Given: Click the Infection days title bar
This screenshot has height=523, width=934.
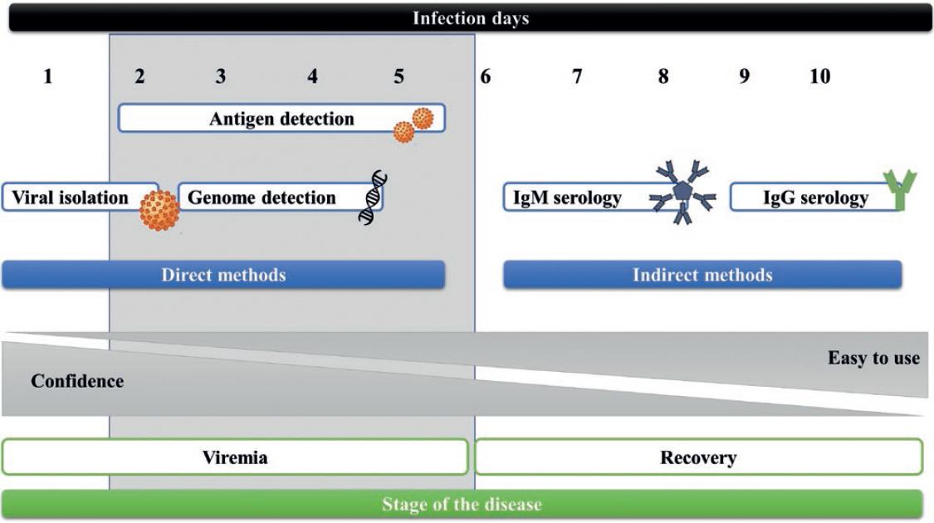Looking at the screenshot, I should pos(470,18).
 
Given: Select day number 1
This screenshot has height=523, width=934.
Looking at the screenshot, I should pos(47,77).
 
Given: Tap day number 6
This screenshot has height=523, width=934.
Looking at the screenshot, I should pos(485,77).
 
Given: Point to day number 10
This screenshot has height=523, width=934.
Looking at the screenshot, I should pos(819,77).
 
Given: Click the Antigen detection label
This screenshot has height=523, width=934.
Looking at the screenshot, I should pos(281,119).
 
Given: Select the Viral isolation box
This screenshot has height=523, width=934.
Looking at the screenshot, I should pos(71,198).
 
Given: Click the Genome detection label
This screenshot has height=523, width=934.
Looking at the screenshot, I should pos(262,198).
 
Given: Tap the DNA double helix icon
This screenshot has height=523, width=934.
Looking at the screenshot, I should pos(373,196).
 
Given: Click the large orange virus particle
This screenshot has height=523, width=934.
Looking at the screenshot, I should pos(159,209).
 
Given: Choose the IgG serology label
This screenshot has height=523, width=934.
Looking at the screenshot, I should pos(815,198).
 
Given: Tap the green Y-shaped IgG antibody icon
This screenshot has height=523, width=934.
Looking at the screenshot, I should pos(898,189).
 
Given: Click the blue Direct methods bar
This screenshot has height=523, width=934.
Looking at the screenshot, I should pos(222,275).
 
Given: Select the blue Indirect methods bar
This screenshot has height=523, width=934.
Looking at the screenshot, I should pos(702,275).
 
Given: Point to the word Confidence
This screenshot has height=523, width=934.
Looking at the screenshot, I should pos(77,382).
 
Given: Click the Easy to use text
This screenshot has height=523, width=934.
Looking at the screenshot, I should pos(873,359).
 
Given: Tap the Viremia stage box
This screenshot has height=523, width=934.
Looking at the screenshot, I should pos(235,457).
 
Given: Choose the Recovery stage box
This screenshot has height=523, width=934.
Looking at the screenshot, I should pos(697,457).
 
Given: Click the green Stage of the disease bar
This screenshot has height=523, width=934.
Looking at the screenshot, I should pos(462,504).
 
